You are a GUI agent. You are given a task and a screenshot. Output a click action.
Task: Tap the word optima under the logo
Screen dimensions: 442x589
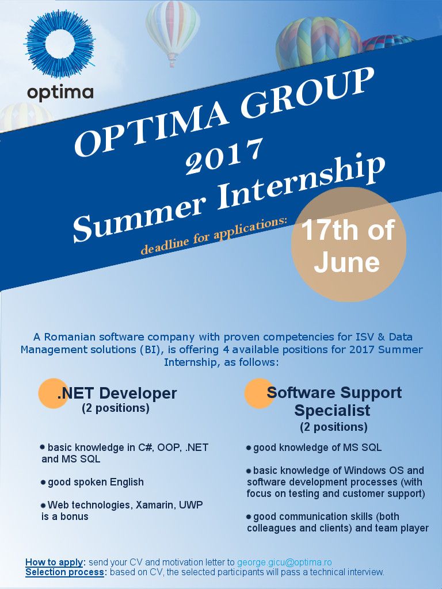tap(60, 93)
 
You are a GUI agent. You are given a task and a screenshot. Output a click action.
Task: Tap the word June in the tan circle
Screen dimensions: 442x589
tap(347, 262)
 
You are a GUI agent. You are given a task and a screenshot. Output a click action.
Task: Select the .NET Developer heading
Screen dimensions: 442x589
tap(117, 393)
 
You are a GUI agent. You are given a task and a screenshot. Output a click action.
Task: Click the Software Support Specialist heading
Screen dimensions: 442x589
tap(334, 401)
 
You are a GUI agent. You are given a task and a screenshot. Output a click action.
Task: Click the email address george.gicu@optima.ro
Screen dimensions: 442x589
tap(284, 562)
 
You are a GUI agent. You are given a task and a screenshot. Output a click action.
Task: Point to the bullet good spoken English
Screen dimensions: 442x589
tap(93, 482)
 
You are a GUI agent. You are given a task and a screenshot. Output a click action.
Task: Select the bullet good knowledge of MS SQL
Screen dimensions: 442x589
tap(314, 448)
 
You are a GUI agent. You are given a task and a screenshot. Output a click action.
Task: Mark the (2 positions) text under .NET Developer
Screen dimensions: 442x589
tap(116, 408)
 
